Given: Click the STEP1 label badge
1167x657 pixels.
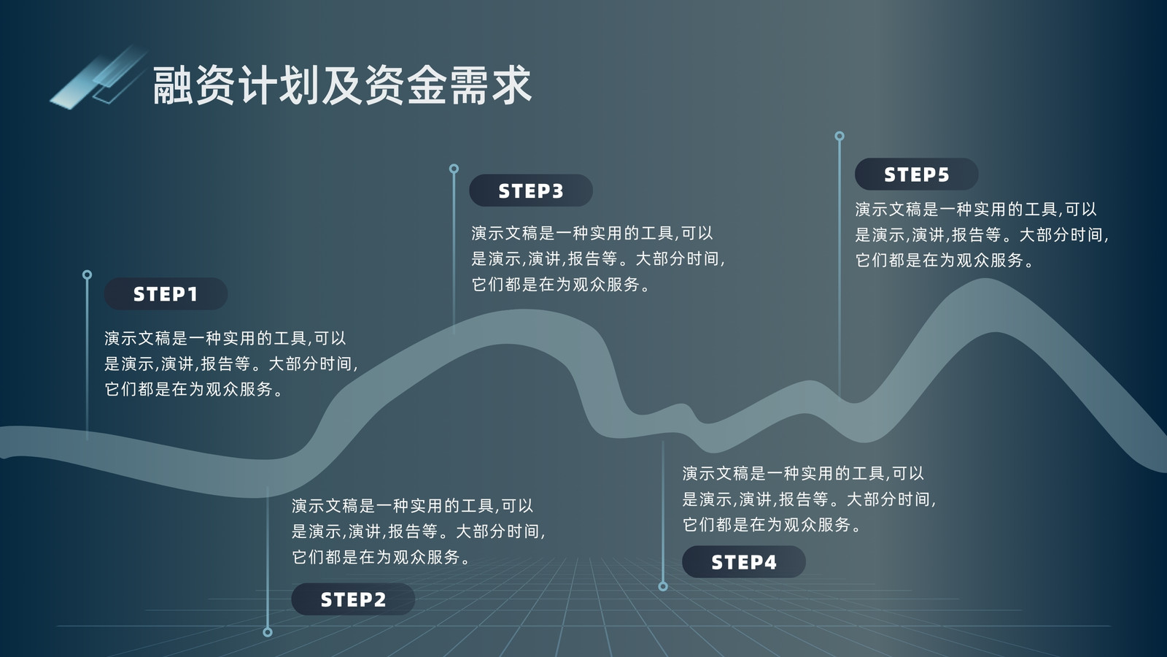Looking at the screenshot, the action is click(166, 294).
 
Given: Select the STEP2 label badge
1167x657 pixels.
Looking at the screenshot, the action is click(353, 599).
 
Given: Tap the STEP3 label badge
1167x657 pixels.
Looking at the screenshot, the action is click(531, 191).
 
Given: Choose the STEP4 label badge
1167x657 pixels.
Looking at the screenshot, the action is click(744, 562).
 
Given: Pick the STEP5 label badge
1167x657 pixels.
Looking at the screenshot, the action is click(916, 174).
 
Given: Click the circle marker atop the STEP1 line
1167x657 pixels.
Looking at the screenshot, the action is click(87, 274).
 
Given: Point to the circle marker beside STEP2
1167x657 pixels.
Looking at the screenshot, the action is click(268, 632).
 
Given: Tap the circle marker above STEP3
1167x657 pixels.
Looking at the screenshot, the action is click(454, 169).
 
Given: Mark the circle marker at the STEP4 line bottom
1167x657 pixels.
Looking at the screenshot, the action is click(663, 587).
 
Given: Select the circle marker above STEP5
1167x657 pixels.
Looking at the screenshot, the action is click(840, 137).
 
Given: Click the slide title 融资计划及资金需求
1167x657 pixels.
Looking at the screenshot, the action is click(342, 85).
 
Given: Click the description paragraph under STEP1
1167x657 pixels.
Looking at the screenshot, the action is click(231, 364).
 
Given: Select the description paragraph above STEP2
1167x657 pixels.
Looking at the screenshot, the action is click(419, 531).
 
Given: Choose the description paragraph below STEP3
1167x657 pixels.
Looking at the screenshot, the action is click(598, 258).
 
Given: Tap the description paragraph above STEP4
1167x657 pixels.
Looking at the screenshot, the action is click(809, 499).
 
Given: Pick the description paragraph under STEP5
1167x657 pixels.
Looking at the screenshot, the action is click(982, 234).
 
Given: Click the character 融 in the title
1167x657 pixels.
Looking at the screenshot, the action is click(172, 85).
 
